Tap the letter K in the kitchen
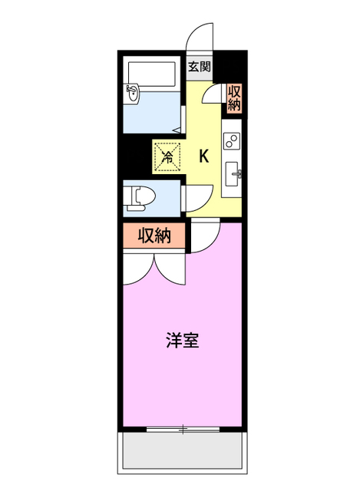(x=204, y=157)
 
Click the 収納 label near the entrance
(x=234, y=97)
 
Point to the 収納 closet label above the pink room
(x=154, y=236)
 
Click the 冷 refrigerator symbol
(x=167, y=156)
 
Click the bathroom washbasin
(x=134, y=94)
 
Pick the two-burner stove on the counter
(x=231, y=140)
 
